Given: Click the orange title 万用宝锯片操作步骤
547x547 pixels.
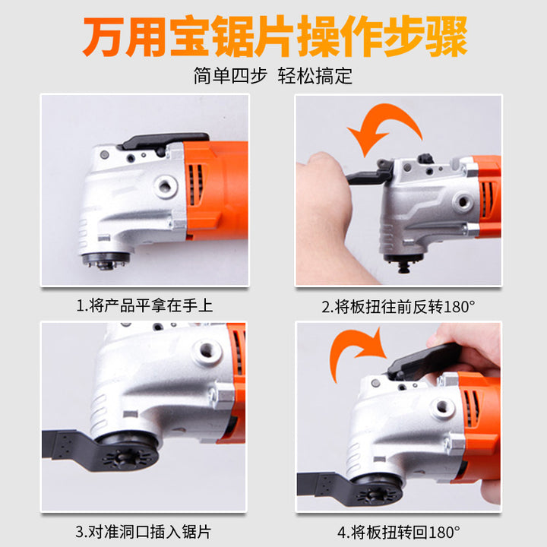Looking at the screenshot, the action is click(274, 36).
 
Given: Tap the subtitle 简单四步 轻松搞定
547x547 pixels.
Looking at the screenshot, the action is click(273, 76).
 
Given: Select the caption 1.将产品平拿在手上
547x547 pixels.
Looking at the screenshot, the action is click(144, 305).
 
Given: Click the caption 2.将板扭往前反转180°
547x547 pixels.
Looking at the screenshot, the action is click(398, 307).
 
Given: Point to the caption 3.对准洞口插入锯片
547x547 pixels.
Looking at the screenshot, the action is click(144, 532).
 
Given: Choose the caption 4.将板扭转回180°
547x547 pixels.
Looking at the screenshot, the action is click(398, 533).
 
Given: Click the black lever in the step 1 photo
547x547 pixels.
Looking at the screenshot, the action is click(163, 141).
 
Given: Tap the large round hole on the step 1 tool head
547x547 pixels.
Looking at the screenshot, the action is click(166, 186).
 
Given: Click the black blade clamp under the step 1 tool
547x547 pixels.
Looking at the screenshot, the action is click(106, 260).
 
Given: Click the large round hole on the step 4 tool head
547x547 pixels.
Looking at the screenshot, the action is click(442, 406).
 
